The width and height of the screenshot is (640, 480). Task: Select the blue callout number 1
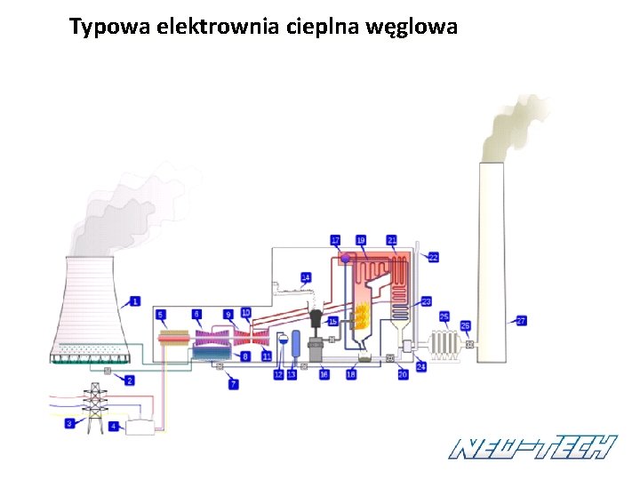[x=135, y=301]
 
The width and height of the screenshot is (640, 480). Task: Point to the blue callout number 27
[x=522, y=320]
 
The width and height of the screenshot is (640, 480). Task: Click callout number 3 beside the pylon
[x=70, y=425]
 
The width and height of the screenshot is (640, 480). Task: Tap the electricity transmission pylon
[x=93, y=406]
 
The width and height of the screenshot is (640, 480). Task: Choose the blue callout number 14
[x=306, y=277]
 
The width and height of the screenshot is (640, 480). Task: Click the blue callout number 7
[x=234, y=384]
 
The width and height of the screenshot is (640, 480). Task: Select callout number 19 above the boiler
[x=361, y=240]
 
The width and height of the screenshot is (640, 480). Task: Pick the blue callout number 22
[x=434, y=257]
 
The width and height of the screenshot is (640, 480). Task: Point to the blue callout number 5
[x=161, y=315]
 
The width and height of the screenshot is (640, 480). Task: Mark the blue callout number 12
[x=278, y=375]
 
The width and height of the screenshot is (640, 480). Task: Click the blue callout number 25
[x=444, y=316]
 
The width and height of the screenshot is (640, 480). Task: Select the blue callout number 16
[x=324, y=375]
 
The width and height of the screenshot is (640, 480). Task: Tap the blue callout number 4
[x=114, y=427]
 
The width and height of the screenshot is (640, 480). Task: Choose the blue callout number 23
[x=427, y=301]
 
